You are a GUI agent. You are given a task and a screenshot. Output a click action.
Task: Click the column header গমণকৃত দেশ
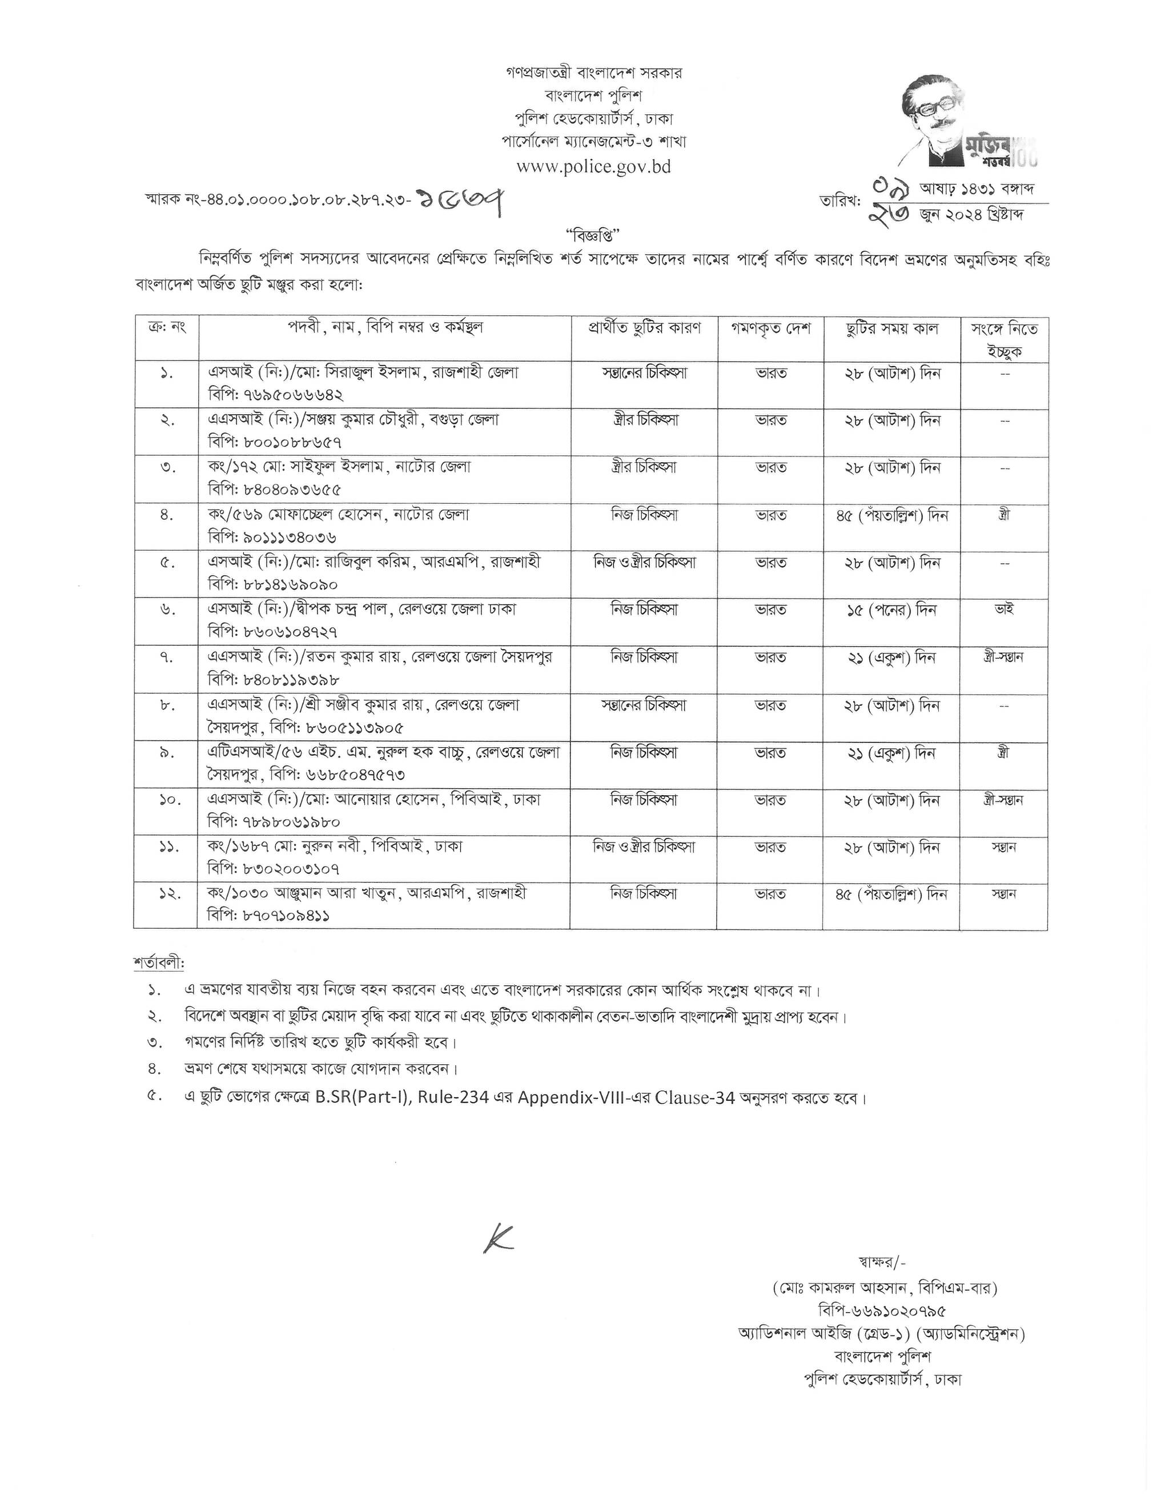click(x=770, y=328)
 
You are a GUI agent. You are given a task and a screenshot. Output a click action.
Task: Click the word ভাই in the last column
click(x=1004, y=609)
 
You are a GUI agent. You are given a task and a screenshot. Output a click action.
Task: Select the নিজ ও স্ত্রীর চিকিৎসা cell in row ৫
click(x=645, y=563)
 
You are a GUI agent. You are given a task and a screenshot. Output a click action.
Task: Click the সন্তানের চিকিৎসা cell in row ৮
click(x=645, y=705)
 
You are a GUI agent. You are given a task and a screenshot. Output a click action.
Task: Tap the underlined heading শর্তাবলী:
click(x=159, y=962)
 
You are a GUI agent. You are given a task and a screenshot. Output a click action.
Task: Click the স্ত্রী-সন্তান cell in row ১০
click(x=1003, y=800)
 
